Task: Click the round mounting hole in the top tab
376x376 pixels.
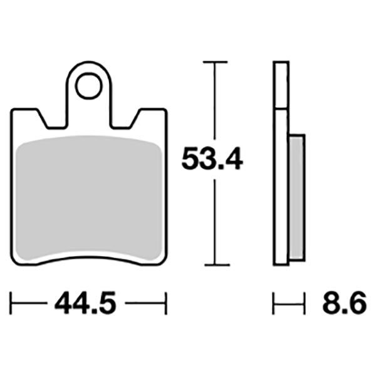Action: point(89,87)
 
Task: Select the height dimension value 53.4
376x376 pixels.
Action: point(211,160)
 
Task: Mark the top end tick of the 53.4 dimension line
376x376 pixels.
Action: point(215,63)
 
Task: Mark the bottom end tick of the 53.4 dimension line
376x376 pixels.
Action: point(215,265)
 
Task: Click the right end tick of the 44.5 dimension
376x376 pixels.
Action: point(167,305)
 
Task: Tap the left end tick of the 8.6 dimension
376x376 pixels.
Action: point(274,305)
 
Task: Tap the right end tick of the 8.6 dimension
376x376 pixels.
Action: point(305,305)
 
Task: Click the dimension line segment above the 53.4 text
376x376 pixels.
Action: point(215,103)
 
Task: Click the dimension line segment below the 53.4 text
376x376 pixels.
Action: point(215,219)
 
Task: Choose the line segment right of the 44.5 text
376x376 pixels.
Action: point(147,305)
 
